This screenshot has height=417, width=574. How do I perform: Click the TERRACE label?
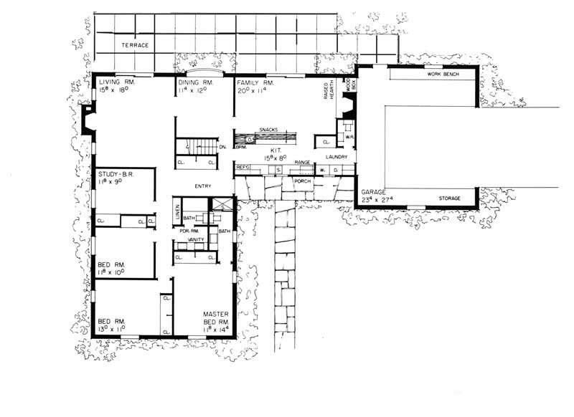[134, 45]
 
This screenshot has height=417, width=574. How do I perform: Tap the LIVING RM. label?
[116, 83]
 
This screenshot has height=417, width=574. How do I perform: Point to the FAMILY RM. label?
[258, 83]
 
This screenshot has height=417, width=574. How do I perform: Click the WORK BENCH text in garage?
[443, 74]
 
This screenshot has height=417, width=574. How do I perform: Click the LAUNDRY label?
[336, 156]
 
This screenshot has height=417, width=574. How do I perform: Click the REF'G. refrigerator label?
[243, 167]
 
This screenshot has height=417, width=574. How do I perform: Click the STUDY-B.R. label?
[116, 173]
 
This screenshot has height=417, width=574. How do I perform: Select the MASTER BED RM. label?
[215, 318]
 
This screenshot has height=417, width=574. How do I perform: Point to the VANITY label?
[197, 239]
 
